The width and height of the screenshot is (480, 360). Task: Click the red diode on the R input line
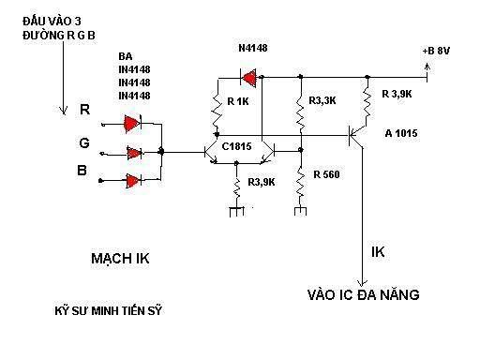(x=132, y=124)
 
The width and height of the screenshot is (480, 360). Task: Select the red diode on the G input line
(x=134, y=153)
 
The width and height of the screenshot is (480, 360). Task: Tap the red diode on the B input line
(x=133, y=181)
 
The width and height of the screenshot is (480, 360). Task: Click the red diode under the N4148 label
(x=249, y=78)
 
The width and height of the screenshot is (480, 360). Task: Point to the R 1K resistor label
(x=238, y=101)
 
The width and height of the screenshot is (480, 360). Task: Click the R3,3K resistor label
(x=322, y=100)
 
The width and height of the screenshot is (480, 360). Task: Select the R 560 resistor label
(x=326, y=174)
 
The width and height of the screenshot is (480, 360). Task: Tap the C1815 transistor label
(x=236, y=146)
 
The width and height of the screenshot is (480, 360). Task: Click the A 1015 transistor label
(x=401, y=133)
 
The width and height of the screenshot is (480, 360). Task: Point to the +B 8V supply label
(x=436, y=51)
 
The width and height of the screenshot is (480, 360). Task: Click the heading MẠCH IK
(x=120, y=259)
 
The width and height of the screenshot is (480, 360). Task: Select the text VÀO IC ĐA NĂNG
(x=364, y=294)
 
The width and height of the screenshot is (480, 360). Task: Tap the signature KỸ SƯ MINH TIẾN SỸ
(x=109, y=311)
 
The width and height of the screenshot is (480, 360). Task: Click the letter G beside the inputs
(x=84, y=143)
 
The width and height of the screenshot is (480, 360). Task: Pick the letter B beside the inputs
(x=82, y=171)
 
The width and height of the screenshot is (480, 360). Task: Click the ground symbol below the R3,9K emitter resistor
(x=236, y=211)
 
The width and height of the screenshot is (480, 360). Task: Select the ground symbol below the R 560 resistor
(x=300, y=210)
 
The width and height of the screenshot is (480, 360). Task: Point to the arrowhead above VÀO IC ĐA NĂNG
(x=363, y=282)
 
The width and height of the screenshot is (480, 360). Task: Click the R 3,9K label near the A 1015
(x=397, y=94)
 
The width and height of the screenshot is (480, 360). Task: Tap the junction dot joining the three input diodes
(x=161, y=152)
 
